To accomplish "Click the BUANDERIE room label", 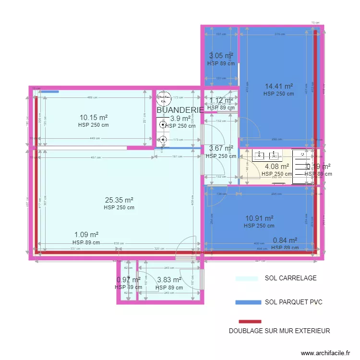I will (x=180, y=110).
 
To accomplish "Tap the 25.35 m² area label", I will (x=119, y=200).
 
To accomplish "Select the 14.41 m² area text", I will (x=279, y=86).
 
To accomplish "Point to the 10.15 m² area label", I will (x=93, y=117).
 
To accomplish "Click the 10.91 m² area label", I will (x=259, y=218).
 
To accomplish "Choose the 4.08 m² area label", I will (x=277, y=167).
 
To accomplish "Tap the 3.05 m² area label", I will (x=221, y=56).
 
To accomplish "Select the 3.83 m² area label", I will (x=169, y=280).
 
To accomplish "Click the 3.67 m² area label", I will (x=221, y=148).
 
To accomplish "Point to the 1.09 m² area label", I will (x=86, y=235).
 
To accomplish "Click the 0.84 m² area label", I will (x=285, y=240).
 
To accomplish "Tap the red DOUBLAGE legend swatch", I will (x=250, y=322).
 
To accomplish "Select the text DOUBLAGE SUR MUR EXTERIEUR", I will (x=279, y=331).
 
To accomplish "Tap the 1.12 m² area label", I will (x=221, y=100).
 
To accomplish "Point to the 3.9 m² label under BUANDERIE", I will (x=180, y=119).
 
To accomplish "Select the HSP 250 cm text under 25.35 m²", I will (x=119, y=208).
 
